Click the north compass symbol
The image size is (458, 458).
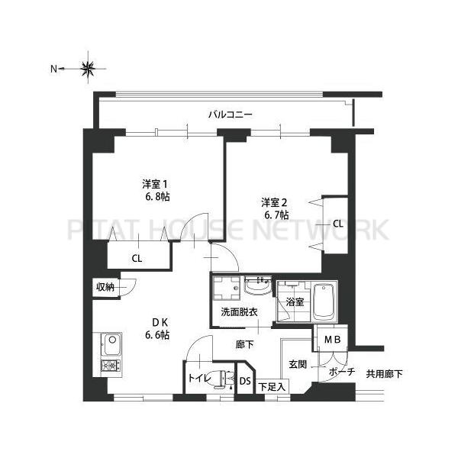88,69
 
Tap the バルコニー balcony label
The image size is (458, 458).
231,115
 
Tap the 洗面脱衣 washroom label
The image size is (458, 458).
239,312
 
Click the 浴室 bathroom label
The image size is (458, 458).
295,302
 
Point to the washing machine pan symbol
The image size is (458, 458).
225,289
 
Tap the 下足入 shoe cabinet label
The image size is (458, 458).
271,387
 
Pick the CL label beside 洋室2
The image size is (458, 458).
337,224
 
